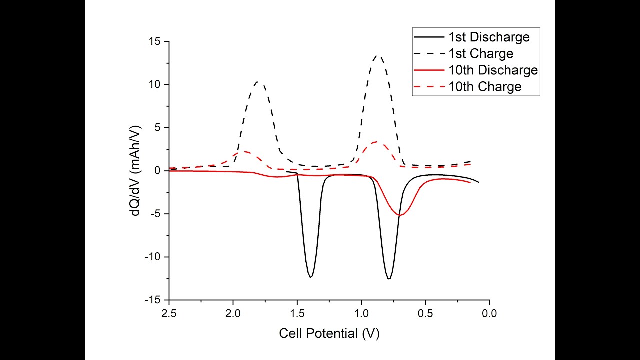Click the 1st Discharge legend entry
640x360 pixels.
(x=488, y=37)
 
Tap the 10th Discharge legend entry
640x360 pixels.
(x=493, y=70)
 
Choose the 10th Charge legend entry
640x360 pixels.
(x=485, y=87)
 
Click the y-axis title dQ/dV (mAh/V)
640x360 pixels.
(x=135, y=170)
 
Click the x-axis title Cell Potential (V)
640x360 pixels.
(x=329, y=333)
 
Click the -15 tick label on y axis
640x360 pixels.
(x=152, y=300)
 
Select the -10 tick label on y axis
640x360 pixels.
(x=152, y=257)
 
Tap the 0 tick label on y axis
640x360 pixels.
(x=158, y=171)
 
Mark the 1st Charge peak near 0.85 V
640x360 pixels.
(x=378, y=56)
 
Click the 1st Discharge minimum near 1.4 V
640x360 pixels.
(x=311, y=277)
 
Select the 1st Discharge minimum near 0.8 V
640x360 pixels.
(x=389, y=279)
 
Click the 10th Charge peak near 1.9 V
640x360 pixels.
(x=245, y=151)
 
